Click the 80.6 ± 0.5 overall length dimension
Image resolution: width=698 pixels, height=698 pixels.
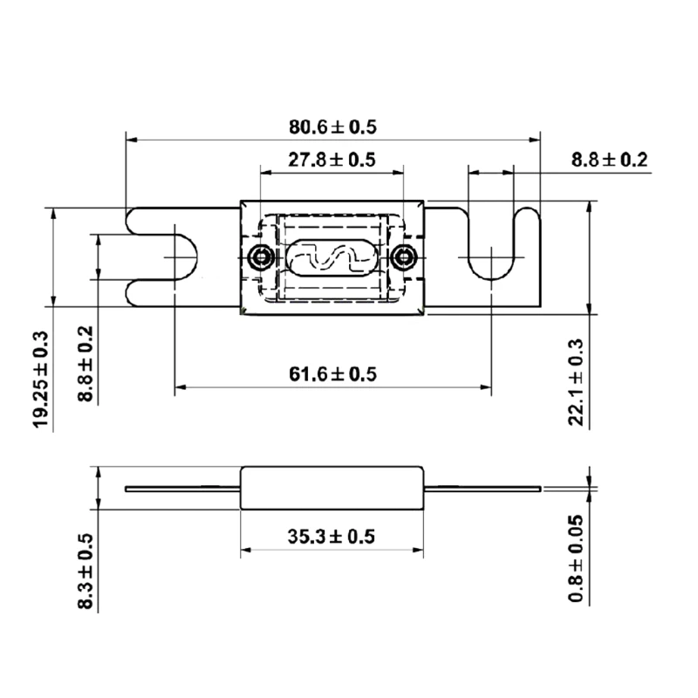332,127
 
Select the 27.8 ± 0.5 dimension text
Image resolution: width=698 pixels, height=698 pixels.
332,161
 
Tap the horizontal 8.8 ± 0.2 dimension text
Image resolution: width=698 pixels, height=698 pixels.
609,161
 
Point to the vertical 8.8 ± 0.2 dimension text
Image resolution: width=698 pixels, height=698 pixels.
86,364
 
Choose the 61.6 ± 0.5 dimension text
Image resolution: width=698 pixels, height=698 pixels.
332,375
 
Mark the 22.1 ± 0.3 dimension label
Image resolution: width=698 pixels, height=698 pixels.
576,382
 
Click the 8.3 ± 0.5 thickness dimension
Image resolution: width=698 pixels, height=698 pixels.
86,571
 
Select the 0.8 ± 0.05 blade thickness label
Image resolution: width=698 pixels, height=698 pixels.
576,558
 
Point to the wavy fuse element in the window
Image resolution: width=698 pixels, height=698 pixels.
331,257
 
